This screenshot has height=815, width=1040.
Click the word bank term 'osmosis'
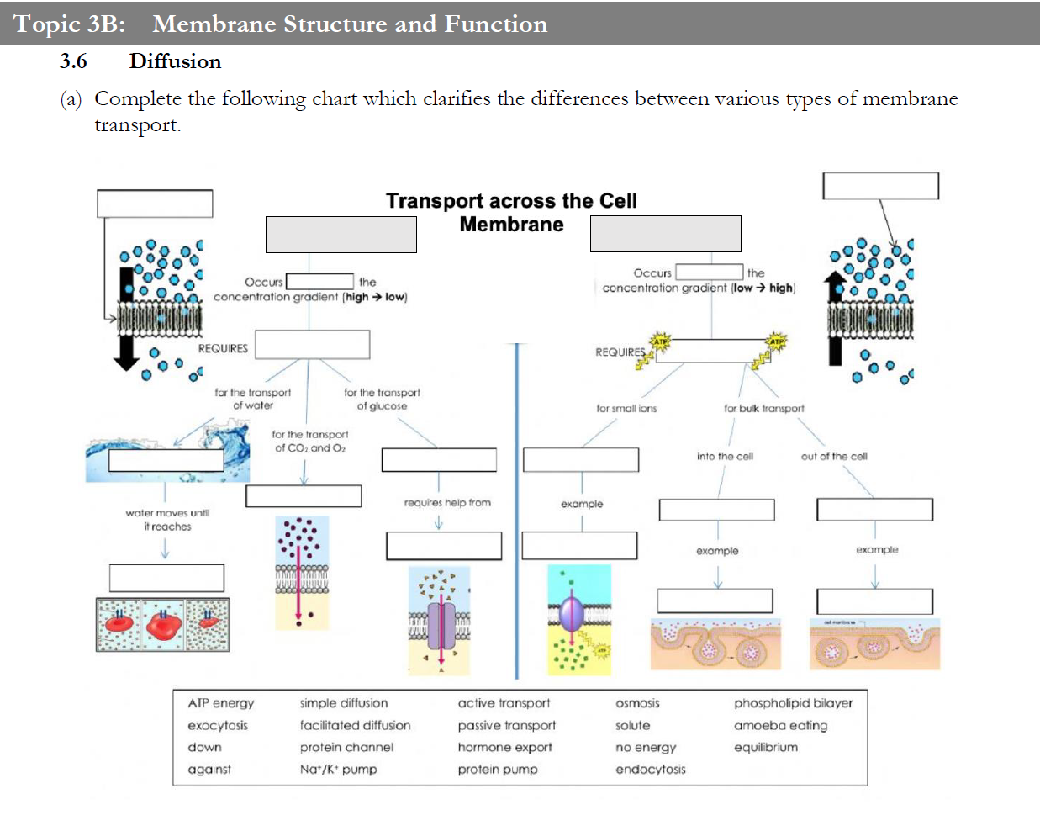637,703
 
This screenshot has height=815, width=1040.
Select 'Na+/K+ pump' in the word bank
338,769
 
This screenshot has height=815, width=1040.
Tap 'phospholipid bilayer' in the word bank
793,703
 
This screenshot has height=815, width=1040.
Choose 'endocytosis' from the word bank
650,769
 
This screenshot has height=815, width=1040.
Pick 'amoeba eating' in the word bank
780,725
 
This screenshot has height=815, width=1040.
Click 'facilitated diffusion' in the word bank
355,725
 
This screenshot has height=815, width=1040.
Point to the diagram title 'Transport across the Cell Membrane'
511,212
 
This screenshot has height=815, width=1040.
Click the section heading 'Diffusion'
175,61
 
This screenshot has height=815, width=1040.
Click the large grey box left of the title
341,234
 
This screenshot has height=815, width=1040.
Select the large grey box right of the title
665,233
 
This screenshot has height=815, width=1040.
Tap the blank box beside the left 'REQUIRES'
312,345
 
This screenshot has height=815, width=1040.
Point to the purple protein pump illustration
572,614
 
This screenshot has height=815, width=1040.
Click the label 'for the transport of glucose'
382,400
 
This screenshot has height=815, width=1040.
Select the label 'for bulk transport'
763,409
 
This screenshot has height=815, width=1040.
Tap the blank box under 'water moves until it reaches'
166,578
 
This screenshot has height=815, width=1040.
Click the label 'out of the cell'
833,457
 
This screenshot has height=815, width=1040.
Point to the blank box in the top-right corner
879,186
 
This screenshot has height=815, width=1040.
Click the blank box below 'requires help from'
443,546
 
